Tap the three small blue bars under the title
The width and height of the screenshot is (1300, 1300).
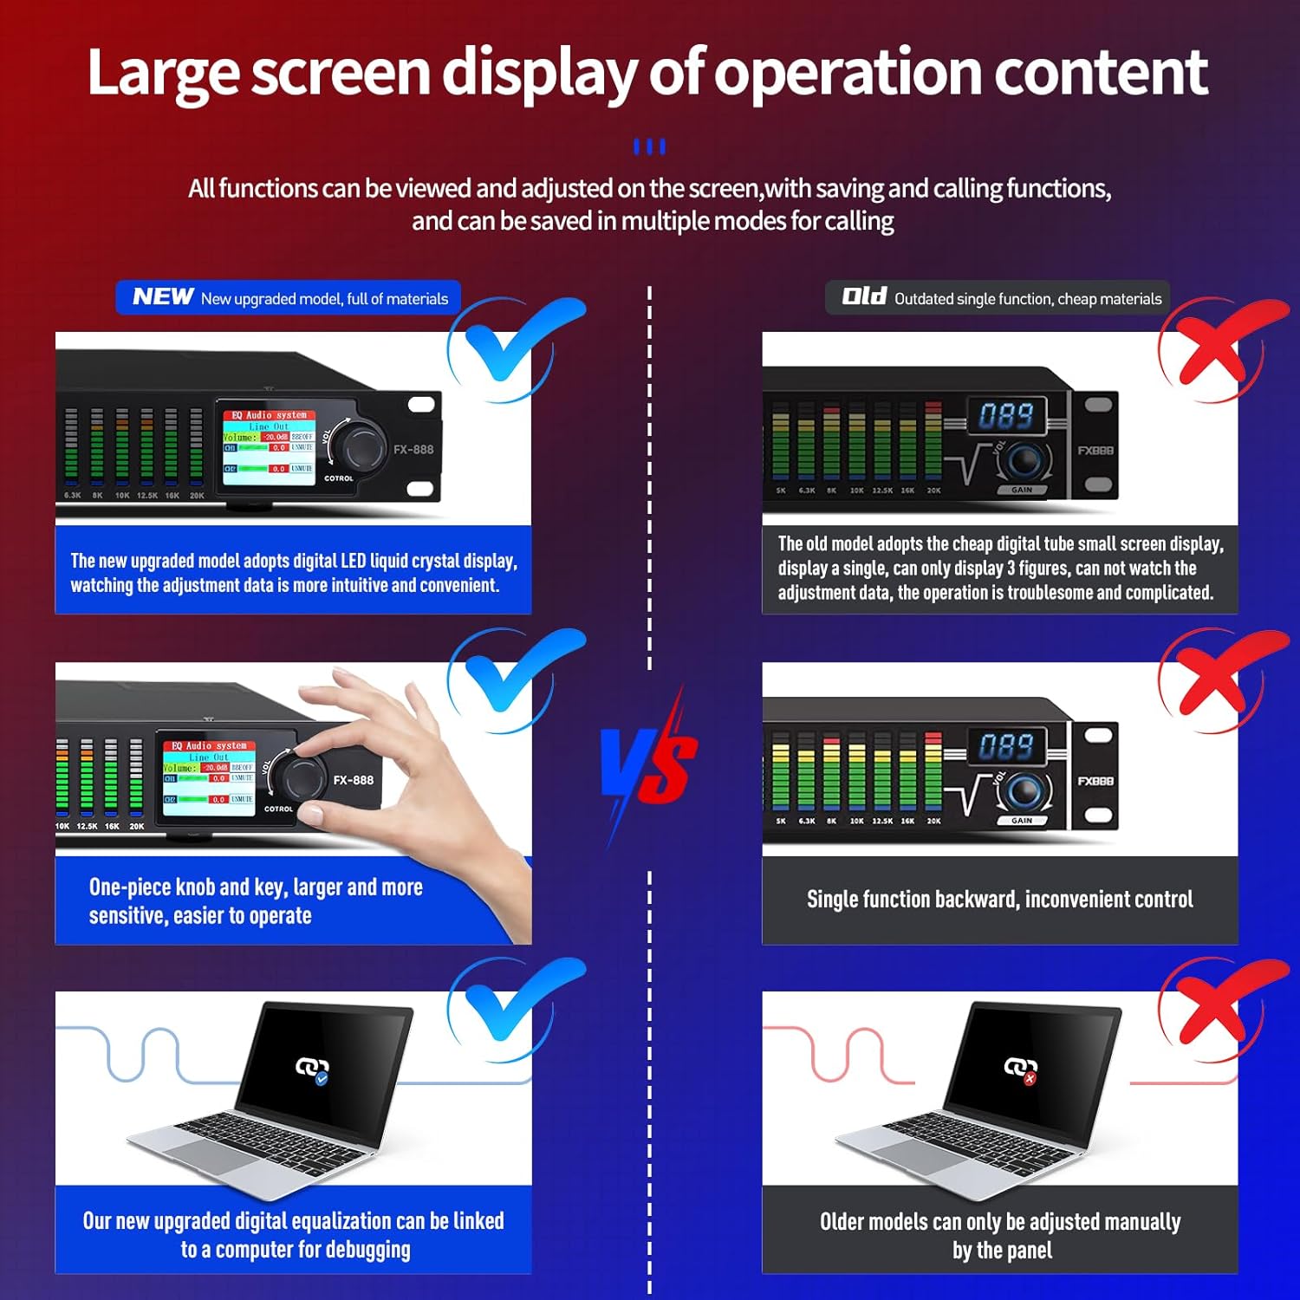click(x=649, y=146)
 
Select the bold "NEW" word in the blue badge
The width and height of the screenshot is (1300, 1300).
click(x=162, y=297)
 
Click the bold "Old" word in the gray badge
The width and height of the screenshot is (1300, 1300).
click(x=863, y=297)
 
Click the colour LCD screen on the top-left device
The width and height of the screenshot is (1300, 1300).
click(x=269, y=447)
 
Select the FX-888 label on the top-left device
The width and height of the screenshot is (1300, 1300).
click(x=413, y=450)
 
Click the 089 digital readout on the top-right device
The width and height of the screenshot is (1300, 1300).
click(x=1006, y=416)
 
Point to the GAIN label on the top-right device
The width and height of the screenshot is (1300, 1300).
click(x=1022, y=491)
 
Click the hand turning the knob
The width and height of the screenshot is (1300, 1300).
click(x=407, y=763)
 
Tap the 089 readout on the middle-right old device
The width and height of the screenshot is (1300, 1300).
click(x=1006, y=746)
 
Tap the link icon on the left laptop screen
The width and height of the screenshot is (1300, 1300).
click(x=312, y=1069)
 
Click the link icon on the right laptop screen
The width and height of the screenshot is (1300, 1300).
click(x=1020, y=1069)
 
